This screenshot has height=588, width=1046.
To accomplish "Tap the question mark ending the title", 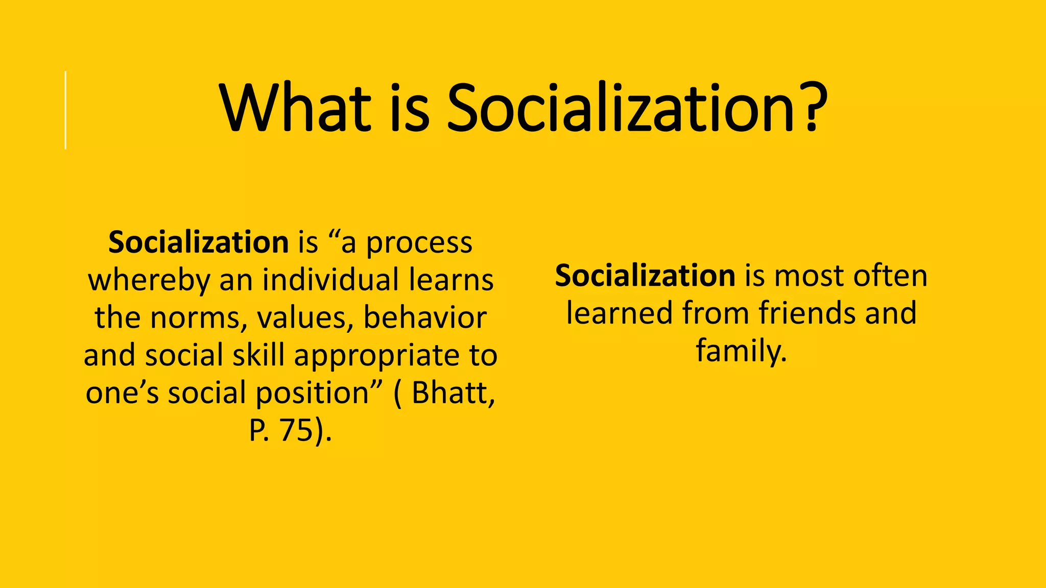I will [813, 108].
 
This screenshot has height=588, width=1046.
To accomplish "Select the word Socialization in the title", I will [621, 108].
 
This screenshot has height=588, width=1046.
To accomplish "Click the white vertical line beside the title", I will [65, 110].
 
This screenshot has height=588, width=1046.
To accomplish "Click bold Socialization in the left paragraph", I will [199, 242].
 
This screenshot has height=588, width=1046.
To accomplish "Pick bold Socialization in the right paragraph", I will [645, 276].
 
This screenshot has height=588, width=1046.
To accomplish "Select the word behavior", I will [424, 317].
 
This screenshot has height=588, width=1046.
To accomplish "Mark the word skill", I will [260, 355].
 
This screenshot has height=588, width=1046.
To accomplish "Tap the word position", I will [312, 393].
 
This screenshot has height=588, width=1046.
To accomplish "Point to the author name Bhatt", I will [453, 393].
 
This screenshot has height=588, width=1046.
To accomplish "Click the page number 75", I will [296, 430].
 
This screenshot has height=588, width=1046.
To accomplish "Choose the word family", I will [741, 351].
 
